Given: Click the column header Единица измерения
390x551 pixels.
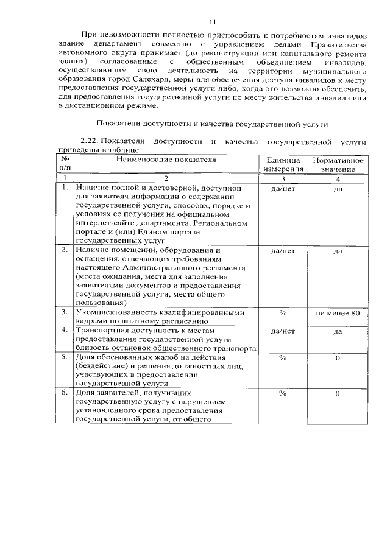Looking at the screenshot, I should click(282, 164).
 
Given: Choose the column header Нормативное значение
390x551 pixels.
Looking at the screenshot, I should click(338, 164).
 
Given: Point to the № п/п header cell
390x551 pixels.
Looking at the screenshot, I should click(65, 164).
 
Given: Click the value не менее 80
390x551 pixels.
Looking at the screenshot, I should click(338, 312).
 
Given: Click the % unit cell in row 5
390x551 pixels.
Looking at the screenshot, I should click(282, 357).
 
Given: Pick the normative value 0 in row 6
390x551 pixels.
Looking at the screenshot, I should click(338, 394).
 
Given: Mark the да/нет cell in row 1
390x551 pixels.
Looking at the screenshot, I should click(282, 189).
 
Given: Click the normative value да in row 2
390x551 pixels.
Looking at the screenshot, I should click(338, 251).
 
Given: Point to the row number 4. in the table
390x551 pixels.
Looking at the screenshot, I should click(65, 331).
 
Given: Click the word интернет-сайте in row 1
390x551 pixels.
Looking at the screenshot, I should click(104, 223).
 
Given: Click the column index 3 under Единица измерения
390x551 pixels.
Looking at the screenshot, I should click(282, 179).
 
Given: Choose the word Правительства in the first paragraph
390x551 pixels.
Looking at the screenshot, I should click(336, 44).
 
